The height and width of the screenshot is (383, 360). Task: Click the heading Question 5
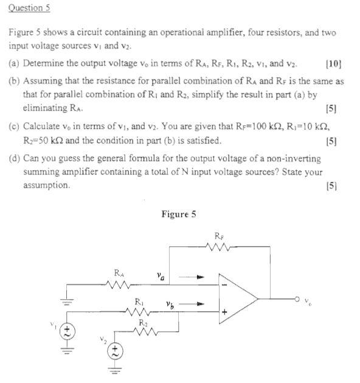point(29,8)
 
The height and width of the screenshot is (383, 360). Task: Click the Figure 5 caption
point(179,214)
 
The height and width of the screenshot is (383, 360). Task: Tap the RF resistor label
point(220,236)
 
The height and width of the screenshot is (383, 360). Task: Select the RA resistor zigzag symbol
point(118,283)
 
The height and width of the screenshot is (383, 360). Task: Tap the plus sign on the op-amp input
point(224,313)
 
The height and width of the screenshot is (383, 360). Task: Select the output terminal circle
point(296,299)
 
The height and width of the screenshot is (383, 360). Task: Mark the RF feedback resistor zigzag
point(218,247)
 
